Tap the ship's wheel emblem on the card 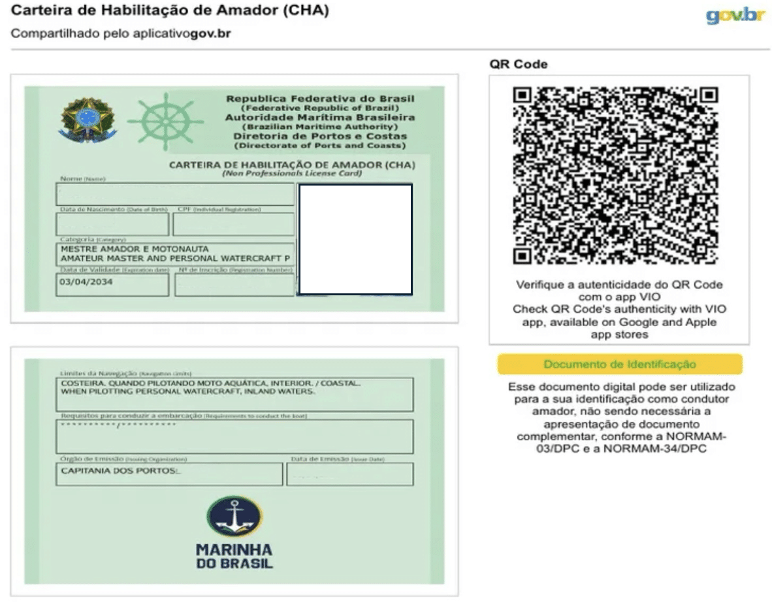(157, 122)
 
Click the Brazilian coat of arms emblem (88, 120)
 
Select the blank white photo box (355, 239)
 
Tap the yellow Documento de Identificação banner (620, 364)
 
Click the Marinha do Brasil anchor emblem (234, 516)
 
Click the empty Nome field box (175, 195)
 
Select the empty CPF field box (233, 225)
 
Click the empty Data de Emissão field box (349, 475)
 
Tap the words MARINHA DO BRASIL (234, 556)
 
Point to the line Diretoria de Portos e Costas (320, 136)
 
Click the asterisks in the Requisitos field (118, 425)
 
